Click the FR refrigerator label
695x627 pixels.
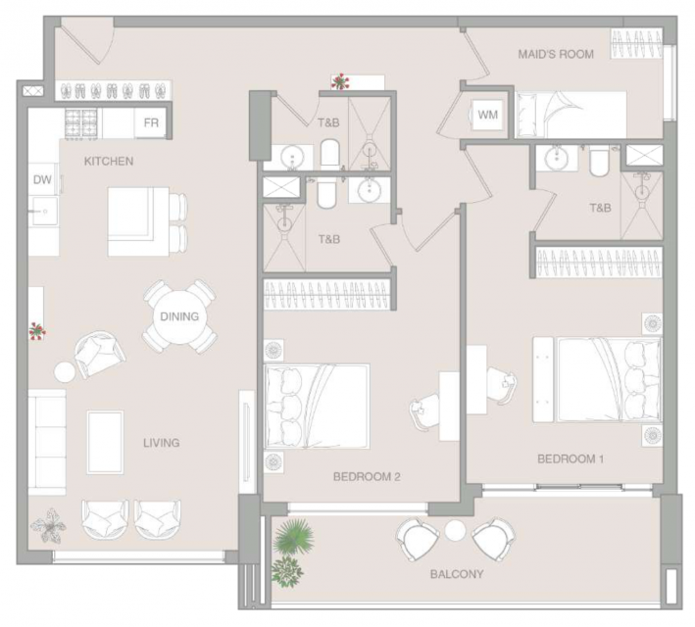[x=151, y=122]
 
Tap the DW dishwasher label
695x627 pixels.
[x=42, y=179]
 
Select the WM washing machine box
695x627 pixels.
[x=488, y=115]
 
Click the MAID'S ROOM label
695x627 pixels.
[x=556, y=54]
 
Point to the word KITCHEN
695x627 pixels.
[x=109, y=161]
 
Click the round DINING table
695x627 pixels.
[x=179, y=316]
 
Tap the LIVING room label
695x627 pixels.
[x=162, y=443]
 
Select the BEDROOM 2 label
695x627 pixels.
[x=367, y=477]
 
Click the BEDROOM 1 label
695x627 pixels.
[x=571, y=458]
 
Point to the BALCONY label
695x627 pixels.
[x=457, y=574]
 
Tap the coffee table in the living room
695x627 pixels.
[x=105, y=442]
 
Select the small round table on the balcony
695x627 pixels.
[x=455, y=530]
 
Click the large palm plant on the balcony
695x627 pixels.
[x=293, y=536]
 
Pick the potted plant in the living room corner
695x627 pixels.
[x=48, y=526]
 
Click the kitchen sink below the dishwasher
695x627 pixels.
[x=43, y=211]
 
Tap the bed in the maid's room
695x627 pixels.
[x=571, y=115]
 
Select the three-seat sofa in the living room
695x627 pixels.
[x=47, y=442]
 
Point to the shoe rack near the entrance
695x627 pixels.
[x=113, y=91]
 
